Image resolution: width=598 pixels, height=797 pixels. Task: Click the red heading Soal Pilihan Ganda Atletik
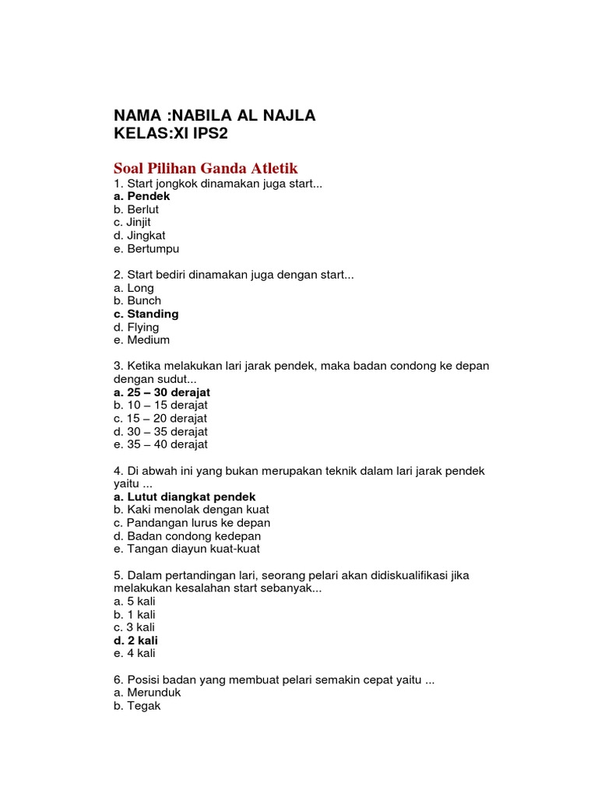[206, 168]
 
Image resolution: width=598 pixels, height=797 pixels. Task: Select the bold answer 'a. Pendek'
[141, 196]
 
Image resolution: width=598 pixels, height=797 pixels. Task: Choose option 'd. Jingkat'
[139, 235]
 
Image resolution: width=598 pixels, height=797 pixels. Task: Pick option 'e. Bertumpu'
[146, 248]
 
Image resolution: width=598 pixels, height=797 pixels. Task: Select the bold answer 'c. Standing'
[146, 314]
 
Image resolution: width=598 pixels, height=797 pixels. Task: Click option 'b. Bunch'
[137, 300]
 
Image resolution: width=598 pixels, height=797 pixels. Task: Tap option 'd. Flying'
[136, 327]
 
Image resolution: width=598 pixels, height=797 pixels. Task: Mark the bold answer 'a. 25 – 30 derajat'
[162, 392]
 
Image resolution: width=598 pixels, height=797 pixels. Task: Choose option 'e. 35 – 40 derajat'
[160, 444]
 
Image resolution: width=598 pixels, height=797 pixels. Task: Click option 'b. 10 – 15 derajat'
[160, 405]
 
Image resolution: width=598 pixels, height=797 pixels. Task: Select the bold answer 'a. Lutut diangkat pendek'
[185, 497]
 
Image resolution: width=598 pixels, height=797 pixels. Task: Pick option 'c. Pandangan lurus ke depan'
[192, 523]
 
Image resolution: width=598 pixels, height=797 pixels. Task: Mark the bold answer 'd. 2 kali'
[135, 641]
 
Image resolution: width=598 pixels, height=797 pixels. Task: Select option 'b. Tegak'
[137, 706]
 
